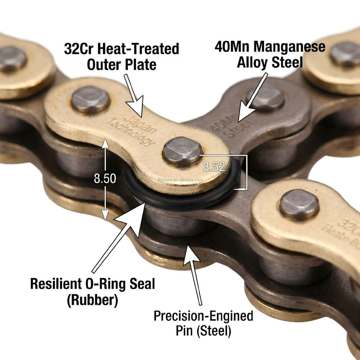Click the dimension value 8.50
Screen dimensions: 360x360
[105, 179]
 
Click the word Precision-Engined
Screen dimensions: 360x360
[203, 316]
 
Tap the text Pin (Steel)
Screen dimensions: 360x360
[203, 331]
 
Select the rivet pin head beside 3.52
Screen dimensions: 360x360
[183, 150]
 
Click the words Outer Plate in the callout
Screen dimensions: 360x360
[121, 64]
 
